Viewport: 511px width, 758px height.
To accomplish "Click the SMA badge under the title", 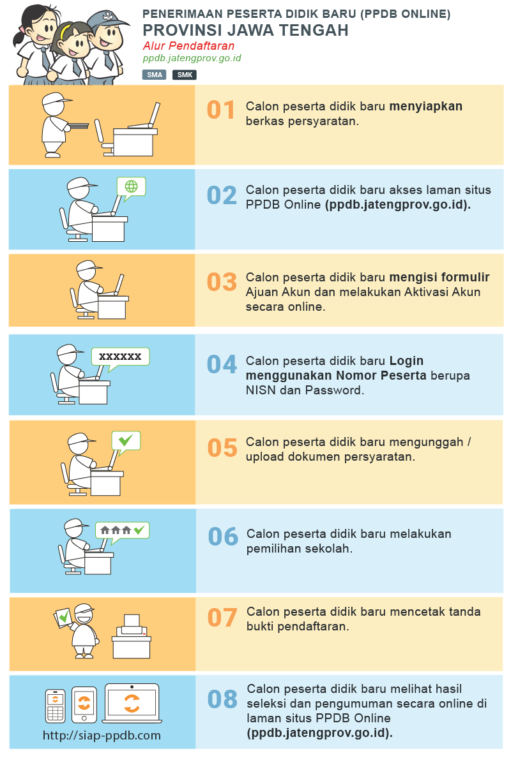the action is pyautogui.click(x=155, y=75).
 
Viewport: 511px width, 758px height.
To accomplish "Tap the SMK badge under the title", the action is pyautogui.click(x=185, y=75).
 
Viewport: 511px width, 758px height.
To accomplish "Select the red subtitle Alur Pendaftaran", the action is pyautogui.click(x=188, y=46).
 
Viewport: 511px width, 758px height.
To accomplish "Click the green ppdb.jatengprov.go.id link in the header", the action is pyautogui.click(x=192, y=58).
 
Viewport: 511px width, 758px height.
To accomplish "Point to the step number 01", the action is pyautogui.click(x=220, y=110).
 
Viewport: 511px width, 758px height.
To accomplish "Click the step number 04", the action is pyautogui.click(x=222, y=364).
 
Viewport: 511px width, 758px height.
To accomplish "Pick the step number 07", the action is pyautogui.click(x=222, y=618).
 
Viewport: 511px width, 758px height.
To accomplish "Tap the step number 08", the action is pyautogui.click(x=222, y=699).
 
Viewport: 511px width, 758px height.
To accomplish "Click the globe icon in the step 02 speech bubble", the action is pyautogui.click(x=131, y=186).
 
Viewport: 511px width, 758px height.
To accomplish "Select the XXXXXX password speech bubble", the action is pyautogui.click(x=121, y=358).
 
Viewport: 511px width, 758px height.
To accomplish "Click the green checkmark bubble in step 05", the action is pyautogui.click(x=126, y=442).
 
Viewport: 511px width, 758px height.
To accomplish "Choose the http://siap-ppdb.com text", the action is pyautogui.click(x=102, y=735).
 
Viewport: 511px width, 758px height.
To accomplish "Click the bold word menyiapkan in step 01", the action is pyautogui.click(x=426, y=107).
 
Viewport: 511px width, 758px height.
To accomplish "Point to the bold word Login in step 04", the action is pyautogui.click(x=406, y=361).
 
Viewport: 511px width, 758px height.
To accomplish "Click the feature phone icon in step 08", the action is pyautogui.click(x=55, y=706).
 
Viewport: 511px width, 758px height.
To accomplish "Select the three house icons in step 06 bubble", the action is pyautogui.click(x=116, y=530).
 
